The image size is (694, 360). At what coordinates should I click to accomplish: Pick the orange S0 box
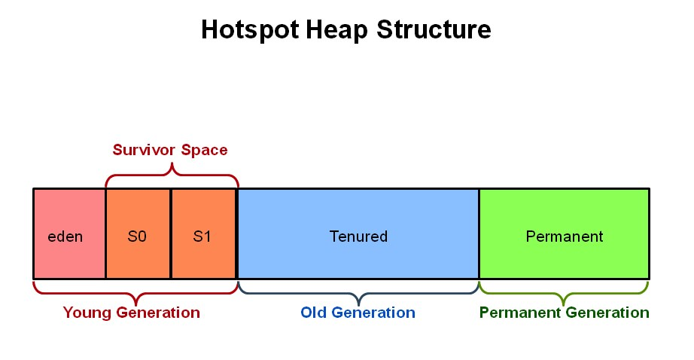(x=138, y=256)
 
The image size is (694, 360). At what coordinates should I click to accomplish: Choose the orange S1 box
(x=203, y=256)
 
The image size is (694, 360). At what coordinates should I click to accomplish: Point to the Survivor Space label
(x=170, y=150)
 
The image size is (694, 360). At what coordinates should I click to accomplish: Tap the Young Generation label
(x=132, y=313)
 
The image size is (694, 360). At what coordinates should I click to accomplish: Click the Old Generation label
(x=358, y=313)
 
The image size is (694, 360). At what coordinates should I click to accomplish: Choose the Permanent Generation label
(x=564, y=313)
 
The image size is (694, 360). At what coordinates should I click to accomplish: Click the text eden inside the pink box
(x=65, y=236)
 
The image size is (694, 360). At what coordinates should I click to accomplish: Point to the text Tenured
(x=358, y=236)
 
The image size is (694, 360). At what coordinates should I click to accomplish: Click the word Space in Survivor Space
(x=202, y=150)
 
